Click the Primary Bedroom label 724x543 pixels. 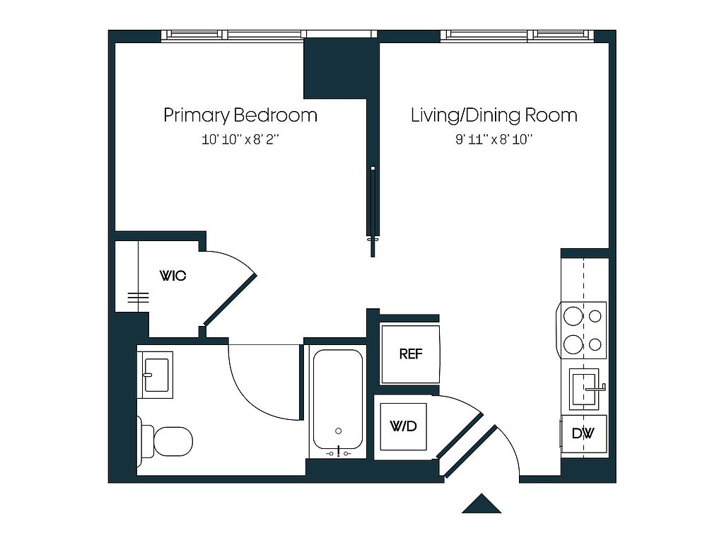(x=240, y=115)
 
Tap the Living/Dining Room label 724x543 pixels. (x=494, y=115)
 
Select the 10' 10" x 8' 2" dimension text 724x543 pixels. (x=240, y=139)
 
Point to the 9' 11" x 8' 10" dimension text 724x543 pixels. (x=494, y=139)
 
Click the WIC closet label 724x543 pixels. (x=173, y=276)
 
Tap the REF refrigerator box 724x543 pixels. (x=411, y=354)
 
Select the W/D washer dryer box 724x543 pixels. (x=404, y=426)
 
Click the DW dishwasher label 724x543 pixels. (x=583, y=433)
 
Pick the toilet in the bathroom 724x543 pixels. (x=165, y=441)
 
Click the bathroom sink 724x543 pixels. (x=156, y=375)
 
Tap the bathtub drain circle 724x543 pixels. (x=339, y=431)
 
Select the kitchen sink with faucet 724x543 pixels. (x=585, y=389)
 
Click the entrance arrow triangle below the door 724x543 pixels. (x=481, y=503)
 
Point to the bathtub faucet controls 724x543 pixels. (x=339, y=452)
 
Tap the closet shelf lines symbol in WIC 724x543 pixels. (x=138, y=298)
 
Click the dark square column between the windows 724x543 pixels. (x=341, y=69)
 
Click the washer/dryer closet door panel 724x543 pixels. (x=460, y=436)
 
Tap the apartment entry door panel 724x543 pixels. (x=470, y=451)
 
